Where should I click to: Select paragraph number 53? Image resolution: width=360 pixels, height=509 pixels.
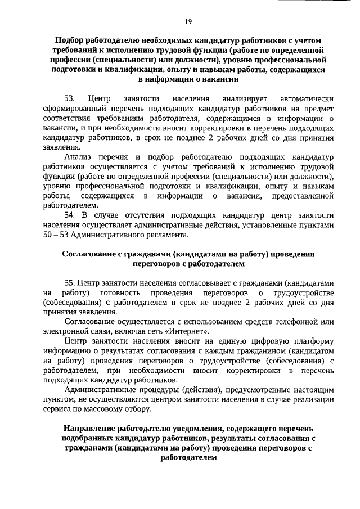click(x=70, y=99)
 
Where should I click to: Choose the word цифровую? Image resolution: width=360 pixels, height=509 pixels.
click(x=259, y=341)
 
